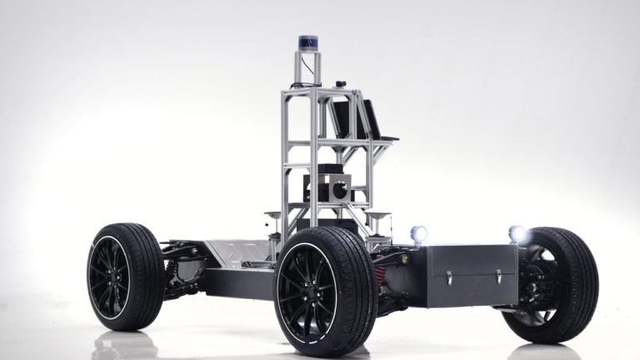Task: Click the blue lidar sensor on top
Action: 307,42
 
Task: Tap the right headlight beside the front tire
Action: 517,234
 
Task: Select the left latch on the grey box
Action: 448,277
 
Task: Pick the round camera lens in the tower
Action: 340,190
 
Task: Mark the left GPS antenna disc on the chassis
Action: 272,215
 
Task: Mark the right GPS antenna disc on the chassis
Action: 379,216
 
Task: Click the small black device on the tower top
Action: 341,83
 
